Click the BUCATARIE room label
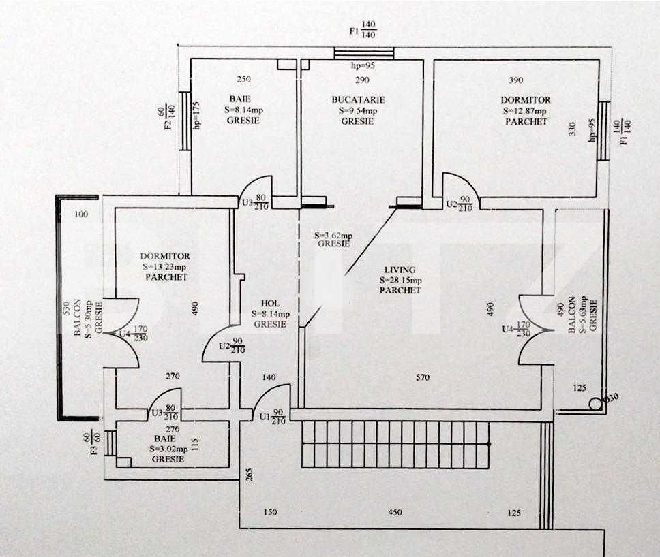357,100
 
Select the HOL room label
270,304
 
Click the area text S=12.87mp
525,111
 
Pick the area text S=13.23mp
165,267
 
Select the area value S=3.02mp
167,449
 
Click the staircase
395,444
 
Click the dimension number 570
423,377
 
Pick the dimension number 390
516,80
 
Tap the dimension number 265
250,475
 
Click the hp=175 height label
196,116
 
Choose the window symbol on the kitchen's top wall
364,53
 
